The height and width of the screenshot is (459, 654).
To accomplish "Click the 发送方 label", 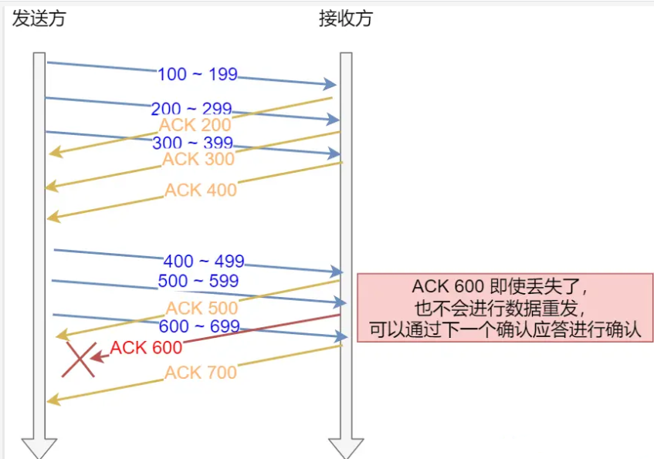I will click(x=39, y=19).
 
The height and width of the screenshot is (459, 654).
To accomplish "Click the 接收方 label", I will click(x=345, y=19).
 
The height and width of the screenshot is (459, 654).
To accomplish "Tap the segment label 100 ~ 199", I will click(x=197, y=75).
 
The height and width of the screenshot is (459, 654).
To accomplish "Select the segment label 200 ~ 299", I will click(x=191, y=109).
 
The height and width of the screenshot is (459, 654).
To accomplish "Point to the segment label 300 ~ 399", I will click(x=192, y=143).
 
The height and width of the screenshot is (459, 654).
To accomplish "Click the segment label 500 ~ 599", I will click(x=198, y=281).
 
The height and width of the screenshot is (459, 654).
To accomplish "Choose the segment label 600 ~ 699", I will click(x=199, y=326).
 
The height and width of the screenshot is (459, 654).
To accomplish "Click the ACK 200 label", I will click(x=195, y=125).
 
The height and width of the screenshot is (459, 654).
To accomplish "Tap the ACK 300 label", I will click(x=198, y=160).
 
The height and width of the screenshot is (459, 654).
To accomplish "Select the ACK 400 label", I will click(x=201, y=190).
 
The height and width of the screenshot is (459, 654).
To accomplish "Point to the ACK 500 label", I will click(x=202, y=309).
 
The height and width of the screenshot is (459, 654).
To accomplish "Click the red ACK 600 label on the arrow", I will click(x=146, y=348).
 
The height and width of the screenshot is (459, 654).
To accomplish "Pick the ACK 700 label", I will click(x=201, y=373).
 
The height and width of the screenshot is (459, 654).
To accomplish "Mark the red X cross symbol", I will click(x=80, y=359).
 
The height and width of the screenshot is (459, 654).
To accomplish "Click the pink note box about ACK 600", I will click(x=505, y=308).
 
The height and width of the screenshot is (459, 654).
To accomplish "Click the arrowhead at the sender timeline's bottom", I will click(x=39, y=448).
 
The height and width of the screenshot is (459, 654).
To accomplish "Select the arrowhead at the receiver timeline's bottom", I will click(x=346, y=448).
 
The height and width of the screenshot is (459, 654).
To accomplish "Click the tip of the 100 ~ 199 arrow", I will click(x=334, y=84).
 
